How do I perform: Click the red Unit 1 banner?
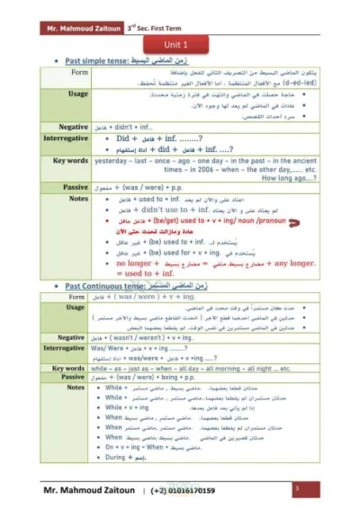[x=179, y=44]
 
